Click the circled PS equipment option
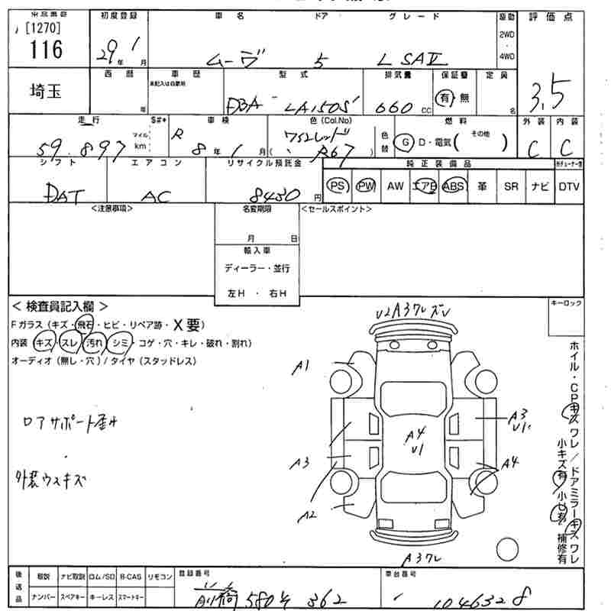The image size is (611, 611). point(336,186)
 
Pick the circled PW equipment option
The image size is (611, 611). point(366,186)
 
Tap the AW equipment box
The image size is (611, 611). point(395,186)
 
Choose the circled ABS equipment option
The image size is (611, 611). point(453,186)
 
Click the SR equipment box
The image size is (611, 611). point(510,186)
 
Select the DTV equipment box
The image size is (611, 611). point(569,186)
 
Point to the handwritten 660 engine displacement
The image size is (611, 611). point(395,106)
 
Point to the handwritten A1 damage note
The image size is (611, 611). point(302,367)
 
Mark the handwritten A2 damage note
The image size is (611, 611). point(307,516)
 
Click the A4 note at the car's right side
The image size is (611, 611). point(510,462)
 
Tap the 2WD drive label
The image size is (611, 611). point(506,35)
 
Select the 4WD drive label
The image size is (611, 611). point(506,57)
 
